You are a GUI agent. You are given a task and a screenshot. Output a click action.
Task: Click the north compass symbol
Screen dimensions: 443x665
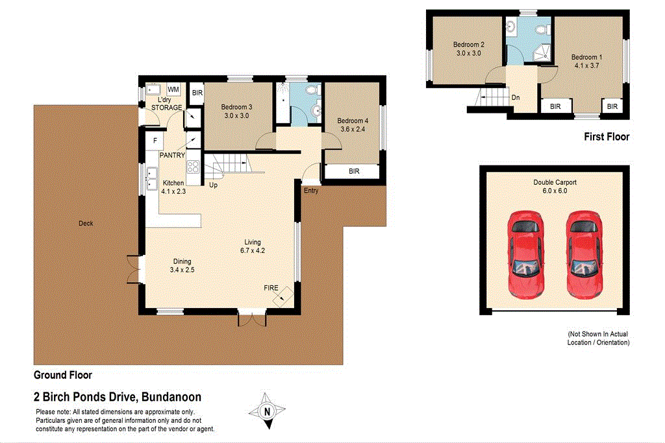266,410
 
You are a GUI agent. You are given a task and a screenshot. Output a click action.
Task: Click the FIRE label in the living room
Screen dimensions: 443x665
271,287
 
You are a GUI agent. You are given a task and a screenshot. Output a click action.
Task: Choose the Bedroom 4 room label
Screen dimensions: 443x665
353,121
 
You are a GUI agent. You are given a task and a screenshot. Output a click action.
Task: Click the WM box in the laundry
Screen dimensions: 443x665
174,89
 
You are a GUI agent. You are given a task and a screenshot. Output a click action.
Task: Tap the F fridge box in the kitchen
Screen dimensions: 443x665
155,140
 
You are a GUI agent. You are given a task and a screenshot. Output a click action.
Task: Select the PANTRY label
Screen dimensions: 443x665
172,156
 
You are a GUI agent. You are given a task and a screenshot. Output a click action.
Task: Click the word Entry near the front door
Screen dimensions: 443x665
311,190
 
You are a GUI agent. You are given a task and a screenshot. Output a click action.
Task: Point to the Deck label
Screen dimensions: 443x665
86,224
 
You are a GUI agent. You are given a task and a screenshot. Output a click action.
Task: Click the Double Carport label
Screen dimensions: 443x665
555,183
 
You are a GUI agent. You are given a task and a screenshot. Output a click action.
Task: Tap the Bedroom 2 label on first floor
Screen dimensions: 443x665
469,45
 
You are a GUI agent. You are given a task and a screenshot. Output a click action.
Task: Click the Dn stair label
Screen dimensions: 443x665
515,98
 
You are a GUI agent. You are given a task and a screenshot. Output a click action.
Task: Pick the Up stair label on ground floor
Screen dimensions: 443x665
212,186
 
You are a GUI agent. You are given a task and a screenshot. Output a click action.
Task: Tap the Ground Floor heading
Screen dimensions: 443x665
63,375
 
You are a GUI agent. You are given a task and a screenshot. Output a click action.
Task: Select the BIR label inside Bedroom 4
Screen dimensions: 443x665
354,171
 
